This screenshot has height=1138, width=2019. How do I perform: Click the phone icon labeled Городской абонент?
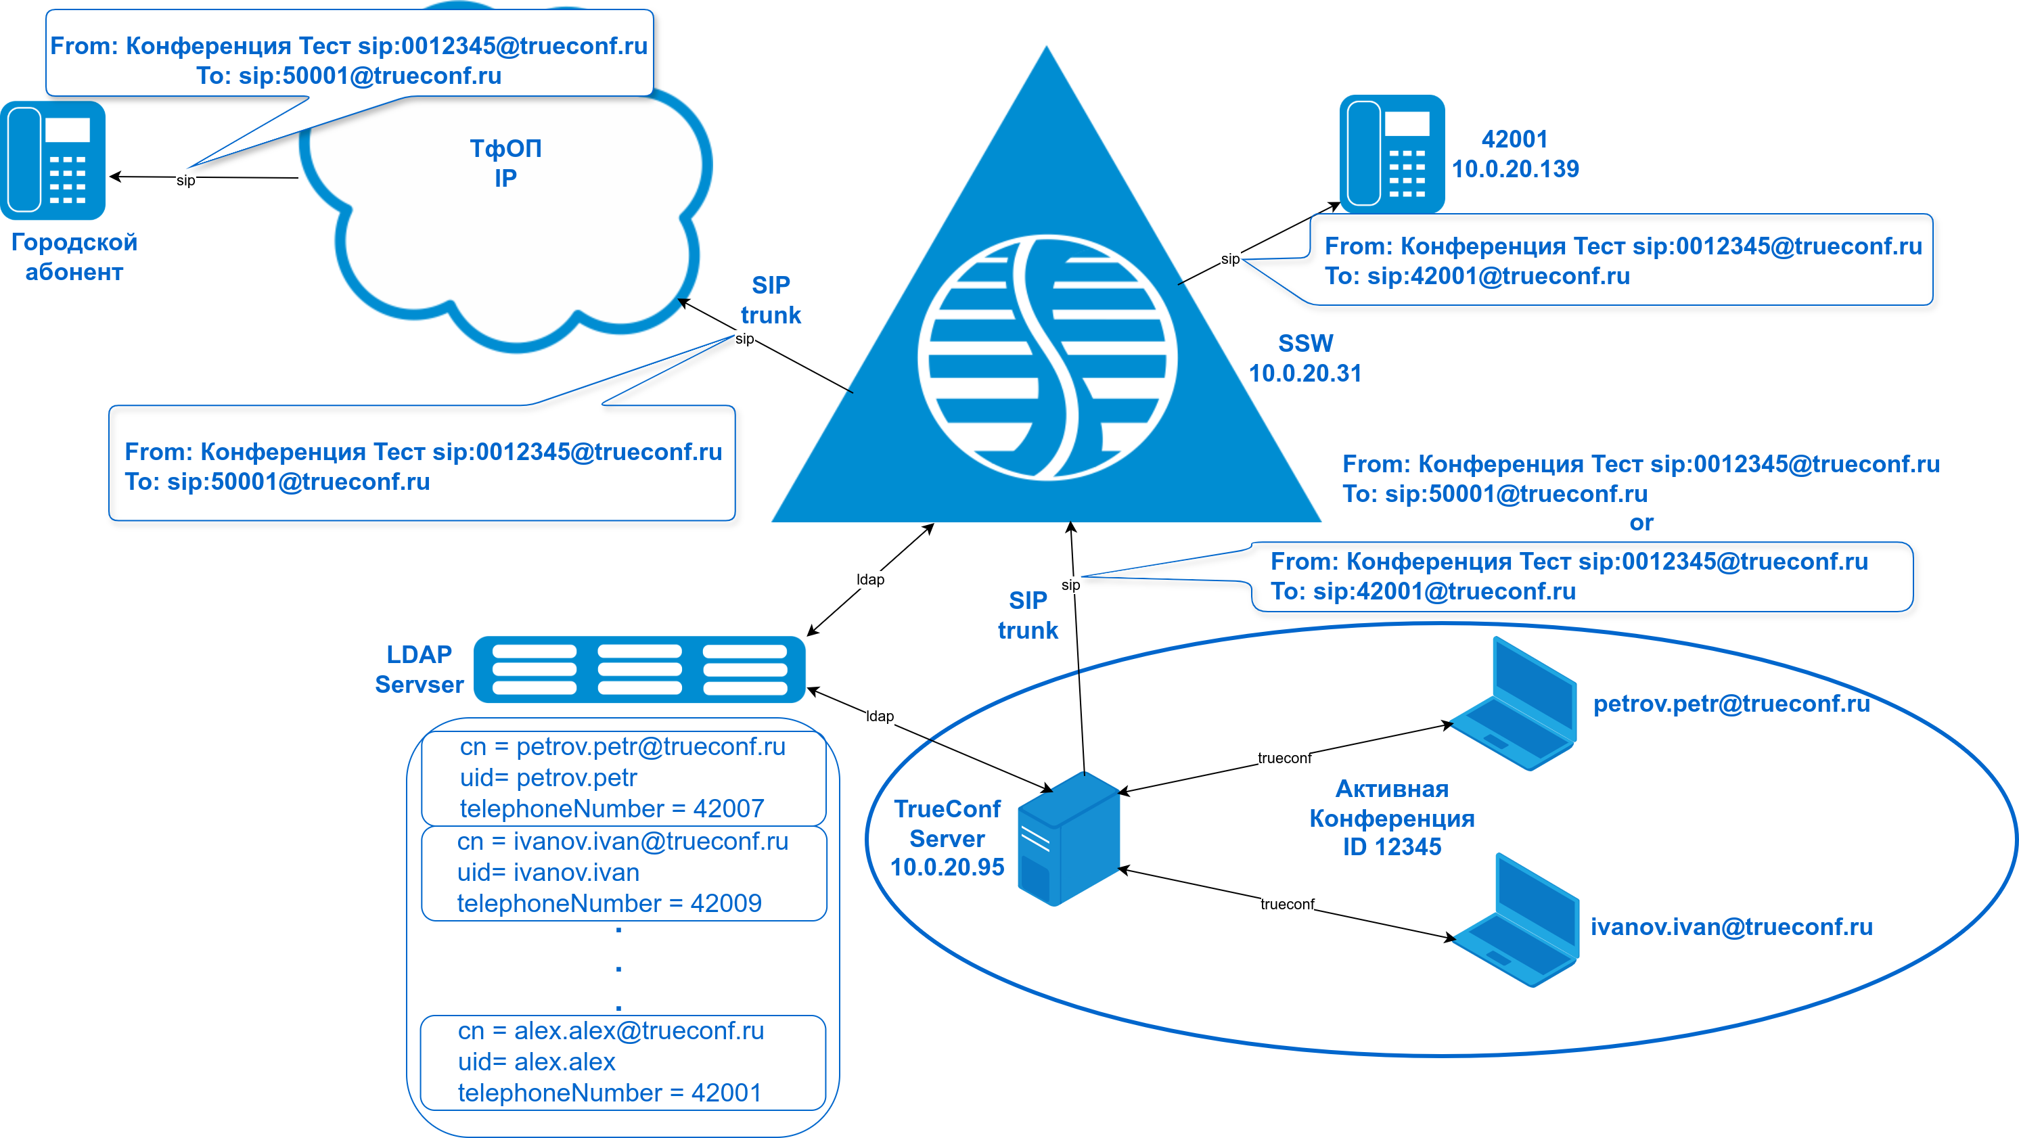coord(53,160)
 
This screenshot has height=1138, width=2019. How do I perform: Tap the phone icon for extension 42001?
coord(1391,154)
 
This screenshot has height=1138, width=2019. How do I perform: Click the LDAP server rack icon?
coord(639,669)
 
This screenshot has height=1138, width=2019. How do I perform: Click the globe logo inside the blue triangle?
coord(1047,357)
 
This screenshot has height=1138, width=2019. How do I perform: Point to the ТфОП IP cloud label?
coord(505,163)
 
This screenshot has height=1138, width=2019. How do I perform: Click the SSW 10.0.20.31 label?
coord(1305,358)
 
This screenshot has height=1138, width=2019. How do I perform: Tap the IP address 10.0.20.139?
coord(1515,169)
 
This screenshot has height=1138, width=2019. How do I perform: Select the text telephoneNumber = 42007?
coord(612,808)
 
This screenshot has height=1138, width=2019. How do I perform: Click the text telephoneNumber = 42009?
coord(609,903)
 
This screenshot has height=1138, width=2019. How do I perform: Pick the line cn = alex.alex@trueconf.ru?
coord(610,1030)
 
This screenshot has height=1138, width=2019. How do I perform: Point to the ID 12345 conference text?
coord(1392,847)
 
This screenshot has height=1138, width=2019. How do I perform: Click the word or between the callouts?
coord(1641,523)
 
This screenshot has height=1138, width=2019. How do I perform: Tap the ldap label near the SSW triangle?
coord(870,580)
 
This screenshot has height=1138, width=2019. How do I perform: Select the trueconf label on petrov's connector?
coord(1284,758)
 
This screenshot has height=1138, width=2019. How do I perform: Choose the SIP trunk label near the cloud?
coord(771,300)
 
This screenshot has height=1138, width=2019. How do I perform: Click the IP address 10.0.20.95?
coord(947,867)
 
